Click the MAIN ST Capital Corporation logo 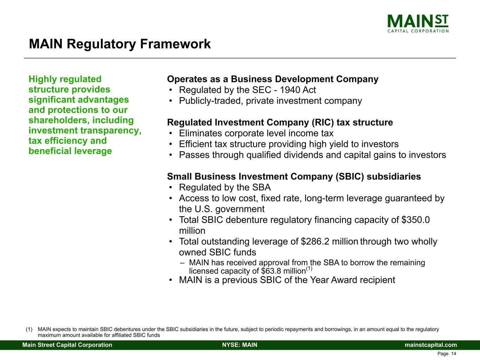coord(418,24)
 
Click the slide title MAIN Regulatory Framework coord(120,44)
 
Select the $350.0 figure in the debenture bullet coord(416,220)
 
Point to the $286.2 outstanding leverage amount coord(315,242)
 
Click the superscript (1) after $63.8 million coord(309,268)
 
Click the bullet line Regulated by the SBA coord(225,187)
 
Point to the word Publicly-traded coord(211,101)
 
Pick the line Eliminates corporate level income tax coord(256,133)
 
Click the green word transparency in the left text coord(111,131)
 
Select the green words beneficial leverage coord(70,151)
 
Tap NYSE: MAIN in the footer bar coord(240,345)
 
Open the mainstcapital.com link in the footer coord(431,345)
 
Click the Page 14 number coord(447,354)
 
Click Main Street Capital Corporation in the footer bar coord(67,345)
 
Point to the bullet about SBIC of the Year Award coord(287,280)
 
